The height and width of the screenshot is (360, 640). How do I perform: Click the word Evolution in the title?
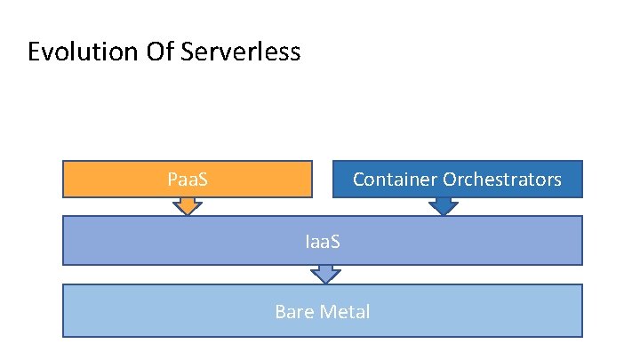(80, 52)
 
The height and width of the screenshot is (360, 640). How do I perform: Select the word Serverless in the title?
(240, 52)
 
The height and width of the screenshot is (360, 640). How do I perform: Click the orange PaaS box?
(188, 179)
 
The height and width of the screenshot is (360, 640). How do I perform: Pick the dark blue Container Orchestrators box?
(457, 179)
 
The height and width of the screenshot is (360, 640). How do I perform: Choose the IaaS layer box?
(323, 241)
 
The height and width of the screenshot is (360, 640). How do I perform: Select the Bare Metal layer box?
(323, 310)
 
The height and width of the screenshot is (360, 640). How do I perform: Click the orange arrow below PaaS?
(188, 206)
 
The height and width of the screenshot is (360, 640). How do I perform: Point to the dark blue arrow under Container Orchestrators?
(443, 206)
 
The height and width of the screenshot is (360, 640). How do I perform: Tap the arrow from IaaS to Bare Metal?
(327, 275)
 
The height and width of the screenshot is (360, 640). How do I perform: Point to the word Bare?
(292, 312)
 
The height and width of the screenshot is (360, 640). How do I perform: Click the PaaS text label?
(188, 180)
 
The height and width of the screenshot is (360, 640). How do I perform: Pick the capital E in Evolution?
(35, 52)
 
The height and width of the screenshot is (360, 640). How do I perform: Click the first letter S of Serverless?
(186, 52)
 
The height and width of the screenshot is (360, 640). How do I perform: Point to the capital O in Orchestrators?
(450, 180)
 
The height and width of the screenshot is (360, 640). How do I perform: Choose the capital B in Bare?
(280, 312)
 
